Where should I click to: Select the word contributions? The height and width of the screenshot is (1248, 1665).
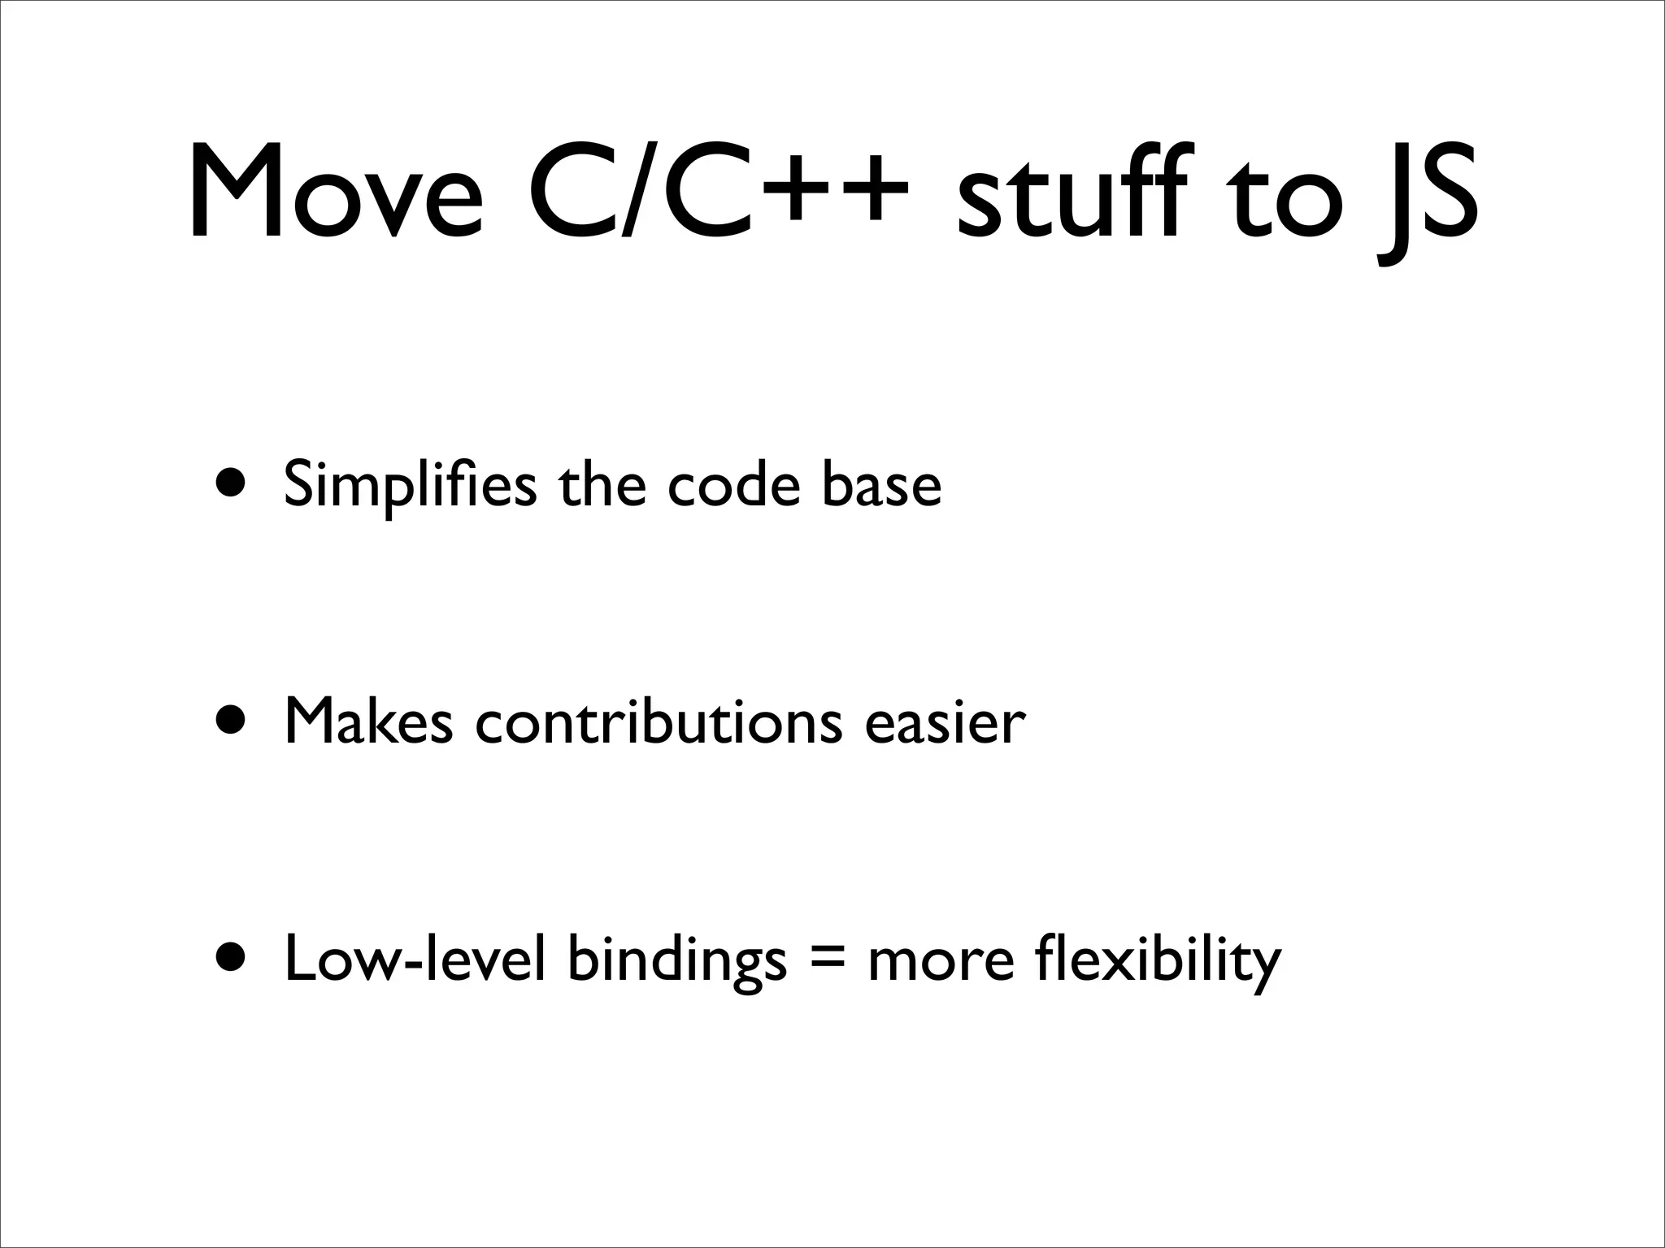click(659, 721)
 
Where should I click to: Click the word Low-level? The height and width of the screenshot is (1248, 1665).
click(414, 959)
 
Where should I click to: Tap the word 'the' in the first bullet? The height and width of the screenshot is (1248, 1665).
click(602, 484)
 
